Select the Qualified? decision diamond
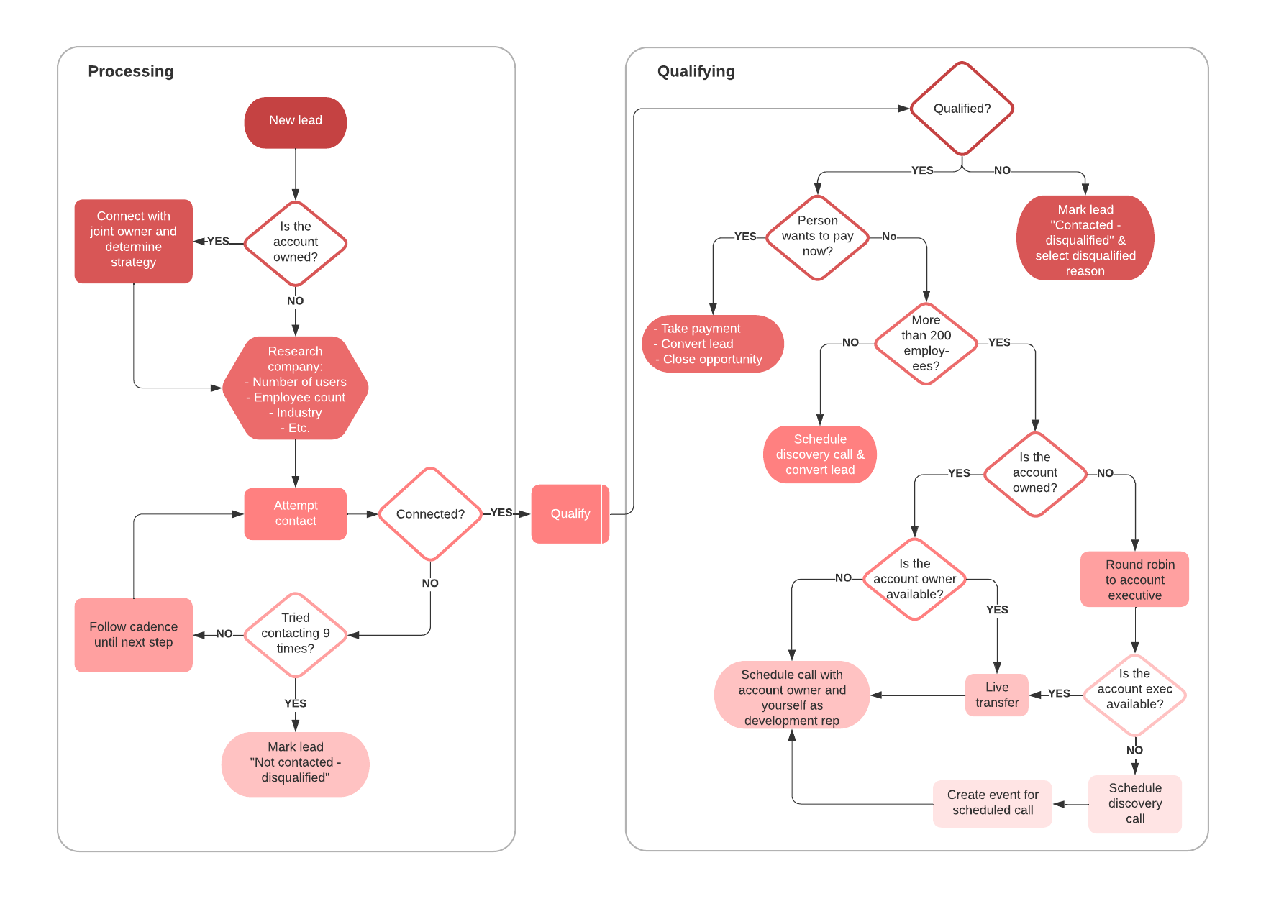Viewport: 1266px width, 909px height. [x=962, y=109]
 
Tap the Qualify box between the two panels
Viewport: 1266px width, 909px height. [x=570, y=513]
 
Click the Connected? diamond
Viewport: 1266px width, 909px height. [x=430, y=513]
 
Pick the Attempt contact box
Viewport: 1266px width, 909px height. [x=295, y=513]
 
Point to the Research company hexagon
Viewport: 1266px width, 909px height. [x=295, y=388]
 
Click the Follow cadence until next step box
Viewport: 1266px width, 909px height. [x=133, y=634]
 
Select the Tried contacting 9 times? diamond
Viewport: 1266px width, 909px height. [x=295, y=634]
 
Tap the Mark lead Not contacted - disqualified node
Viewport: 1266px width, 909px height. [x=295, y=763]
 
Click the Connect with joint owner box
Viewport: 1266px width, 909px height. [x=133, y=240]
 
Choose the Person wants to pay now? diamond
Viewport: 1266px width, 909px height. [x=817, y=237]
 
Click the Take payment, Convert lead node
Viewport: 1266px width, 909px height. [x=711, y=344]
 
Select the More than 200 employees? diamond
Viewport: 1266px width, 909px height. [x=926, y=343]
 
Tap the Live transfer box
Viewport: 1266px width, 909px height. [x=996, y=695]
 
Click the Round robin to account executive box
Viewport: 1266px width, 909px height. [x=1134, y=580]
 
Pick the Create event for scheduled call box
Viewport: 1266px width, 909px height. [x=992, y=803]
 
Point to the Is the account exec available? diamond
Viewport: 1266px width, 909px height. [x=1134, y=690]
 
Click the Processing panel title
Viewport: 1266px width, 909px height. [x=131, y=71]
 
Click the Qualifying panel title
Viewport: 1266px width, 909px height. [x=696, y=71]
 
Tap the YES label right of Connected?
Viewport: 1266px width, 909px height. [x=501, y=513]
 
